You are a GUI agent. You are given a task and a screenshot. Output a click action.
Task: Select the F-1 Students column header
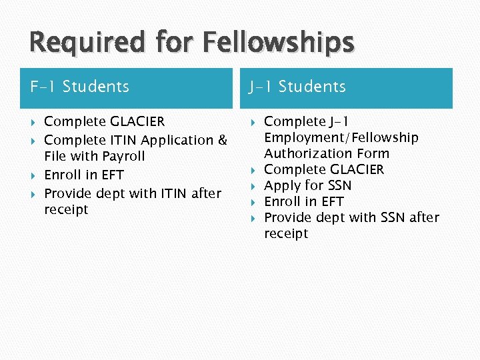(x=80, y=87)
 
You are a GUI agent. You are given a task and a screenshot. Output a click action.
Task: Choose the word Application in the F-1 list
(x=178, y=141)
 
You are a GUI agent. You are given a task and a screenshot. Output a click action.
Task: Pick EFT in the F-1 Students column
(x=111, y=175)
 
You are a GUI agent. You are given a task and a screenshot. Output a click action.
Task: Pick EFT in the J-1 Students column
(x=331, y=202)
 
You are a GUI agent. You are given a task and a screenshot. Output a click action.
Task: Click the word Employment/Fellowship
(x=341, y=138)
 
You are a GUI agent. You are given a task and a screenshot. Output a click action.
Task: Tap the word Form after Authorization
(x=373, y=154)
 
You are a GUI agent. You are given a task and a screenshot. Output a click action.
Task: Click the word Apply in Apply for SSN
(x=282, y=186)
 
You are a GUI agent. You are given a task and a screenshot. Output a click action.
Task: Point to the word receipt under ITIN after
(x=66, y=210)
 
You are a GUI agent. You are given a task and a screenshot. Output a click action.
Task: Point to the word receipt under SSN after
(x=286, y=234)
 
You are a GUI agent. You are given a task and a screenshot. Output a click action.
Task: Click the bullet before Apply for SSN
(x=253, y=186)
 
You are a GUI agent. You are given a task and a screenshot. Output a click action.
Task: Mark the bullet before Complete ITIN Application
(x=33, y=141)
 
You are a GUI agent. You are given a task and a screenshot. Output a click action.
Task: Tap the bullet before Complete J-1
(x=253, y=122)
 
